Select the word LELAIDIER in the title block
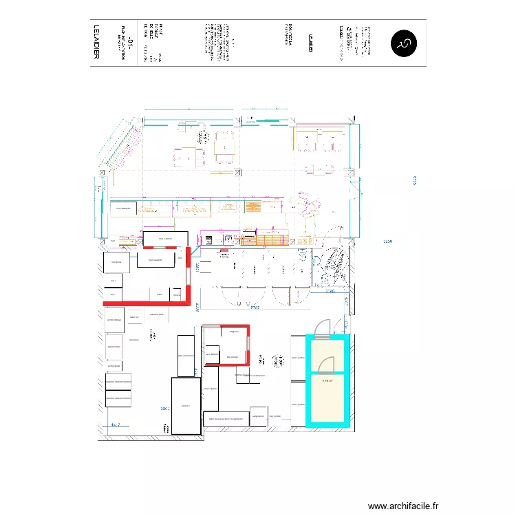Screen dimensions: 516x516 pyautogui.click(x=97, y=43)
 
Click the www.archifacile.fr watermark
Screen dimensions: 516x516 pyautogui.click(x=403, y=506)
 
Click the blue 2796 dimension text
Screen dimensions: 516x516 pyautogui.click(x=330, y=292)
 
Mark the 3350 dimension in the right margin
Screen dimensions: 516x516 pyautogui.click(x=387, y=241)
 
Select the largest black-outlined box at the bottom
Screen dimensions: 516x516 pyautogui.click(x=186, y=406)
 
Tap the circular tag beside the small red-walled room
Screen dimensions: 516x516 pyautogui.click(x=278, y=361)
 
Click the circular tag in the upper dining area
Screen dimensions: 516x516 pyautogui.click(x=201, y=137)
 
